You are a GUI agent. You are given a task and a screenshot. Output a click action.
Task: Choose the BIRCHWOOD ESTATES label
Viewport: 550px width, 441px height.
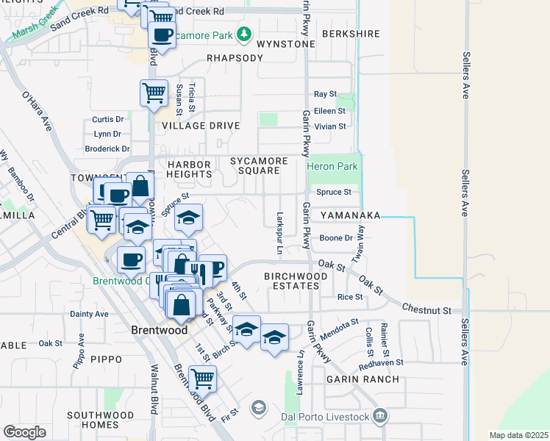[292, 280]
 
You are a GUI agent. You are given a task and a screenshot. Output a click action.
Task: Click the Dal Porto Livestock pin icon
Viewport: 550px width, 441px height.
[379, 417]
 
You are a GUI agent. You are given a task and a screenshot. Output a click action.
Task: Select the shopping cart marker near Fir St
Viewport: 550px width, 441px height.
[202, 379]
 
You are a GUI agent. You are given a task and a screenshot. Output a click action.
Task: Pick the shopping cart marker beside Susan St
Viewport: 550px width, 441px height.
[154, 93]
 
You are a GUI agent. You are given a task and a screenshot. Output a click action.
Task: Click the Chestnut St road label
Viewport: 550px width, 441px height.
[426, 311]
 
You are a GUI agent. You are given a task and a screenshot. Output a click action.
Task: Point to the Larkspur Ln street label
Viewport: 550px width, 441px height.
[279, 234]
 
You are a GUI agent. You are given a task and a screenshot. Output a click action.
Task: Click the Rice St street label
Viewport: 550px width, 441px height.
[349, 297]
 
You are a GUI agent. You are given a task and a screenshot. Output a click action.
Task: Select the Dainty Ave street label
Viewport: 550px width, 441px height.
[90, 314]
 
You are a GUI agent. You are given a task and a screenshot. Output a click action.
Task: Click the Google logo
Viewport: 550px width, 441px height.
[25, 431]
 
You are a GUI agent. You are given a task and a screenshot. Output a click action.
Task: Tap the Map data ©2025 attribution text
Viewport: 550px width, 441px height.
[510, 435]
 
